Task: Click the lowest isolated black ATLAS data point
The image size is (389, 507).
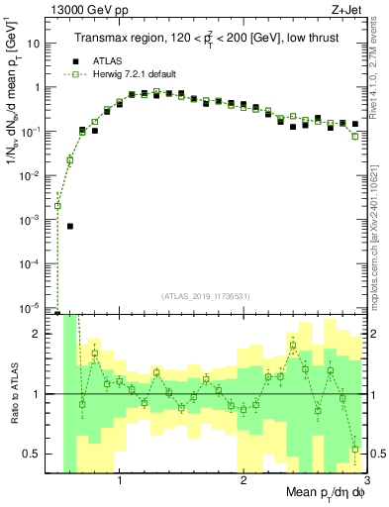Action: pyautogui.click(x=70, y=226)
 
